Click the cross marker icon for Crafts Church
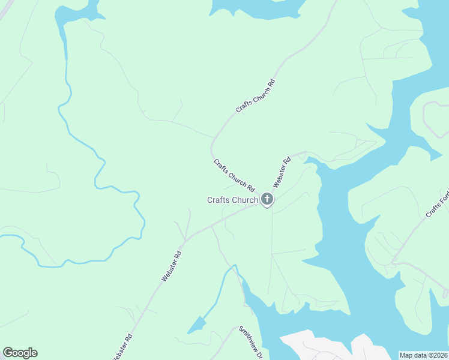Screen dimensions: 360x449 (267, 200)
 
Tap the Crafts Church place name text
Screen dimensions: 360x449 (232, 200)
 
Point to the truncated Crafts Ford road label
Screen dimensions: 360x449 (437, 205)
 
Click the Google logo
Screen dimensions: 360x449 (20, 353)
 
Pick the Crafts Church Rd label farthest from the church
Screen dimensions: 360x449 (255, 95)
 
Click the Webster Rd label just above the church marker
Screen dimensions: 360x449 (282, 172)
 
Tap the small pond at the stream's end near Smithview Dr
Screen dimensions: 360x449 (196, 326)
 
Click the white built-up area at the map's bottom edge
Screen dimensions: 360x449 (324, 345)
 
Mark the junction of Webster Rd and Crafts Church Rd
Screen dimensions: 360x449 (265, 203)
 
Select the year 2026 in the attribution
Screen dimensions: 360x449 (439, 355)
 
